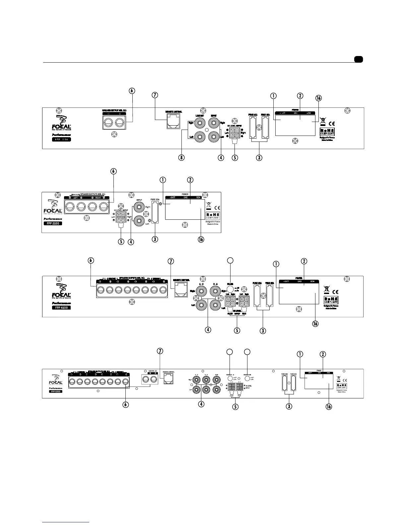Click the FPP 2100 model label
[53, 223]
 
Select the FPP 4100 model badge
[61, 308]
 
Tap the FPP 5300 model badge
[55, 391]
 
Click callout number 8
[181, 158]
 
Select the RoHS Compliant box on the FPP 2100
[213, 215]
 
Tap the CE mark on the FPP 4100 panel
[335, 292]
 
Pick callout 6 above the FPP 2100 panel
[113, 171]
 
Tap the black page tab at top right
[358, 59]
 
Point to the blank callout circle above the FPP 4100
[230, 261]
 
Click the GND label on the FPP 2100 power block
[185, 198]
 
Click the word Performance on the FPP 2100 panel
[53, 219]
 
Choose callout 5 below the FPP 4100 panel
[237, 330]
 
